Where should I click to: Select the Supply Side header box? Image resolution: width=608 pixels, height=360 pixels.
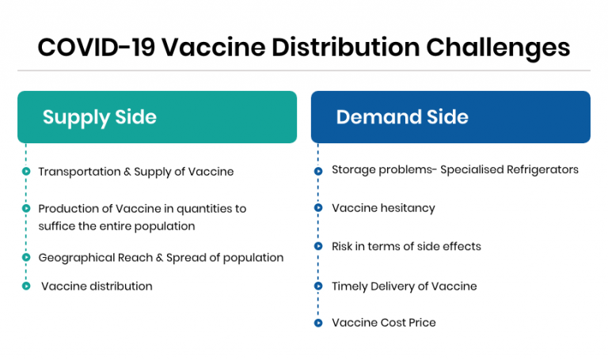click(157, 117)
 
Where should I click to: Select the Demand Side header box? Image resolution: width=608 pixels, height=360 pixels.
click(450, 117)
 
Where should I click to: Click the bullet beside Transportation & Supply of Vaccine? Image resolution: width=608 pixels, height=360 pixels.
click(26, 172)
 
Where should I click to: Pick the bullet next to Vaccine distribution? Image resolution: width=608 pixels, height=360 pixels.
click(26, 286)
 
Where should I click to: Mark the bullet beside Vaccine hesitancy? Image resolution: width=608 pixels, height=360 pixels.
click(318, 209)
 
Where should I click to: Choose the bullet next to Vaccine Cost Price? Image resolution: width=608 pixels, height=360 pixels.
click(318, 324)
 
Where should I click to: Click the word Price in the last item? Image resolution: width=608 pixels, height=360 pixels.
click(420, 323)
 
